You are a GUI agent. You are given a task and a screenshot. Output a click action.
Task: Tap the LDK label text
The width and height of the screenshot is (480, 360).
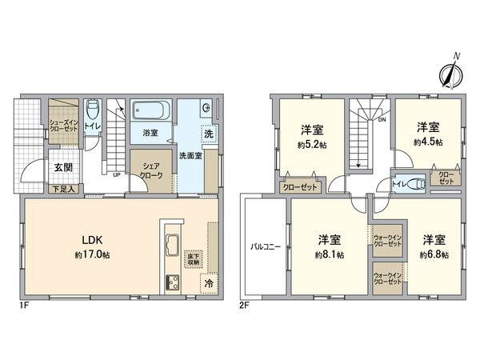(x=88, y=238)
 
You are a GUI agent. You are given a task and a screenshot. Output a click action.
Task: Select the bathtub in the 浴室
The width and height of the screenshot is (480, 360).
(x=150, y=110)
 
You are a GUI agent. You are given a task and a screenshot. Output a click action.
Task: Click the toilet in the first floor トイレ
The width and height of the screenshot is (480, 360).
(x=94, y=110)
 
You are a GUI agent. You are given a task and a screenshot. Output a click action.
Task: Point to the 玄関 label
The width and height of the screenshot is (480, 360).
(x=62, y=168)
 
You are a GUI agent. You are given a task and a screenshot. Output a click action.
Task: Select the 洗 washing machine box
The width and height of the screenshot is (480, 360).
(x=208, y=135)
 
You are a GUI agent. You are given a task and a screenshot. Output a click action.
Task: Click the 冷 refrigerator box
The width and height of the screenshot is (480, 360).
(x=208, y=284)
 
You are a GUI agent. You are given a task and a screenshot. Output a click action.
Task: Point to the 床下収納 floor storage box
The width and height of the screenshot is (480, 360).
(x=194, y=258)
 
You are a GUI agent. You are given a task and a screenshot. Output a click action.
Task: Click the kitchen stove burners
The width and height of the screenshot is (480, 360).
(x=174, y=282)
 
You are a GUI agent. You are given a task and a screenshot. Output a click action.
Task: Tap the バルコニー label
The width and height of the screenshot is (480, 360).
(x=265, y=246)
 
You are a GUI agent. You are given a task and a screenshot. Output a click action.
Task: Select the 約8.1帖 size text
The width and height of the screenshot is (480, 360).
(x=330, y=254)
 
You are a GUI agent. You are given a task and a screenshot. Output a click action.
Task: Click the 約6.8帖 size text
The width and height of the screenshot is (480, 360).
(x=434, y=254)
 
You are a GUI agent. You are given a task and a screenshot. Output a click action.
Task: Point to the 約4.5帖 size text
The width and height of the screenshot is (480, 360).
(x=426, y=141)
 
